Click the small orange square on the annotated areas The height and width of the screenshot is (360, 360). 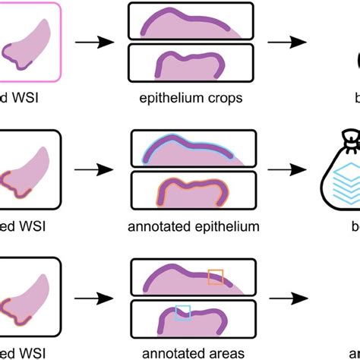(216, 278)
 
